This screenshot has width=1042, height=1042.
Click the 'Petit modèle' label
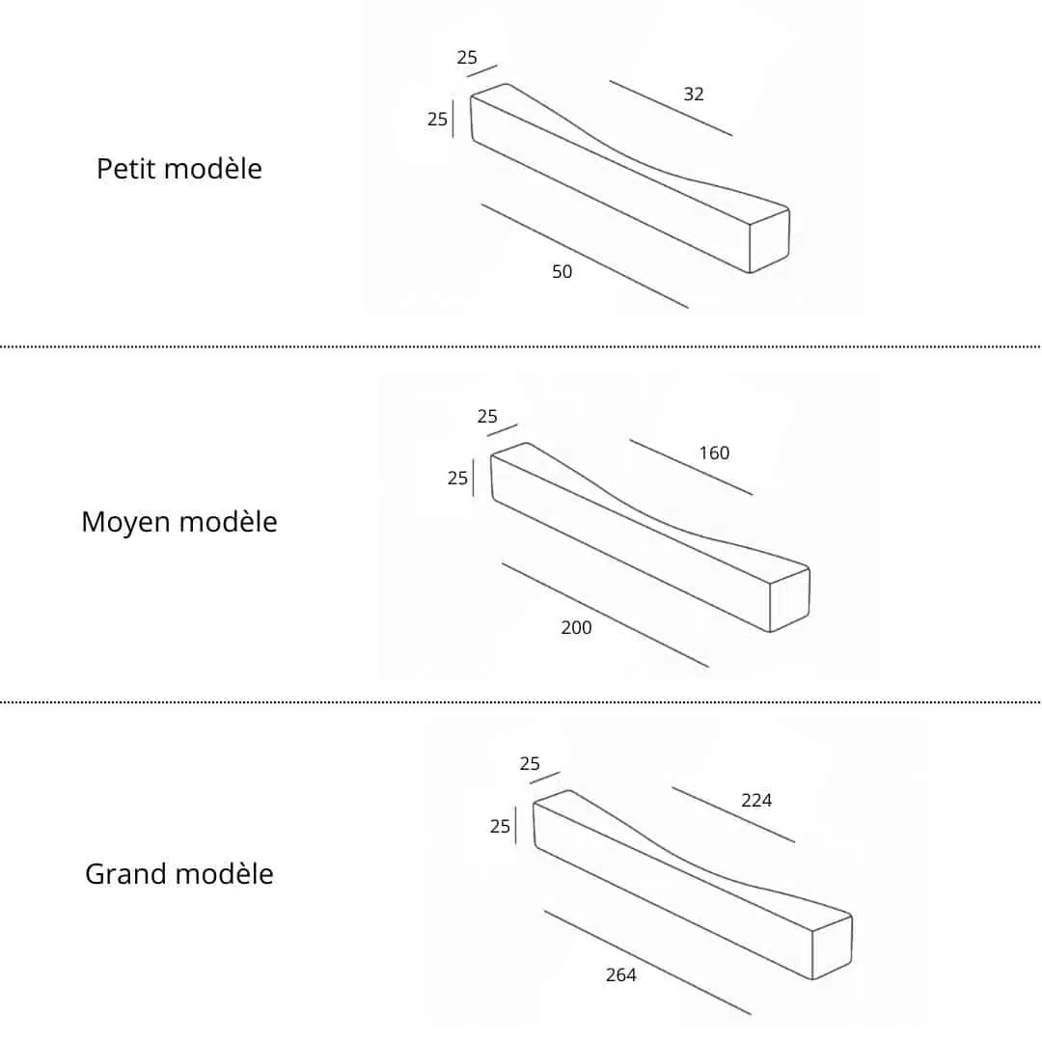(x=179, y=169)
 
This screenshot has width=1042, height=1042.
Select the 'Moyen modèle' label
(x=179, y=522)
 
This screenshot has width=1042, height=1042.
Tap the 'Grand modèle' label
(x=179, y=874)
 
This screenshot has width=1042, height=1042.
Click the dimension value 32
(x=693, y=95)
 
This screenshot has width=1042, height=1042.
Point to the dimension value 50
(x=562, y=272)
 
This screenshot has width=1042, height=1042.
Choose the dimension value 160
(x=714, y=453)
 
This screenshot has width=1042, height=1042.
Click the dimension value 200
(x=576, y=627)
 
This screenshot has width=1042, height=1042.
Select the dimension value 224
(x=756, y=800)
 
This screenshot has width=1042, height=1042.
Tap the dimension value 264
(x=621, y=974)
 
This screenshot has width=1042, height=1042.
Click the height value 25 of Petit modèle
(x=437, y=119)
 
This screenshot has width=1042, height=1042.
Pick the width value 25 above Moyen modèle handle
(x=487, y=417)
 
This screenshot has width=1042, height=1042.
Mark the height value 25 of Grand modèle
(x=500, y=826)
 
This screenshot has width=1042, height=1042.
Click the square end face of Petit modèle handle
(x=770, y=240)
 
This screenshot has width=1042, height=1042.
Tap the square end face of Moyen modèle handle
(x=789, y=599)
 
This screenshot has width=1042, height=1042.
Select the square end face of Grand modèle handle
(x=832, y=947)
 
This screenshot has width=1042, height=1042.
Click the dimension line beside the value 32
(x=672, y=108)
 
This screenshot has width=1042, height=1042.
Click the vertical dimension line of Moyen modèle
(x=473, y=478)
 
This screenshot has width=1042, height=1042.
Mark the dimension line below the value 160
(x=691, y=467)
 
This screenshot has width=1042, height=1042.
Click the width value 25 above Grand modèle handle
(x=530, y=764)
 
